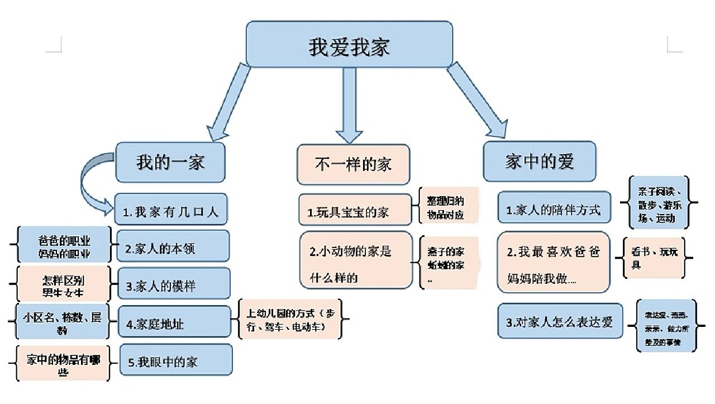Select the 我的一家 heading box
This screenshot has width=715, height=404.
170,162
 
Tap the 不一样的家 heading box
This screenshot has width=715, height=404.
353,164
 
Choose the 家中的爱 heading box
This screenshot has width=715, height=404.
539,161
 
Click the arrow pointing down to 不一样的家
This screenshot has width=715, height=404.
350,106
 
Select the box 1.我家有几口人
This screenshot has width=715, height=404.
173,212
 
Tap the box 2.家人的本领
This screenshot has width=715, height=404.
173,246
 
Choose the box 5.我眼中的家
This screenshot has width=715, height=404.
176,360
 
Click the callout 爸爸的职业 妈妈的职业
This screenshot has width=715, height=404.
64,246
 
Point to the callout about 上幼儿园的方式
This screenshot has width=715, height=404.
290,319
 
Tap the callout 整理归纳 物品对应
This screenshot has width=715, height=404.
445,207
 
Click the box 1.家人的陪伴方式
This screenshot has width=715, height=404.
553,209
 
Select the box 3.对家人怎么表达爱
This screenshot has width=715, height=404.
560,321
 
